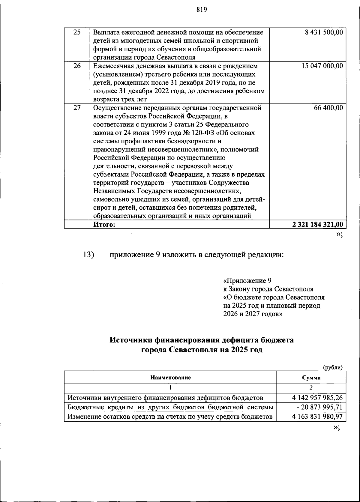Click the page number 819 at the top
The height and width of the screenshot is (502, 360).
point(202,10)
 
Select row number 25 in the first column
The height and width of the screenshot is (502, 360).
point(77,32)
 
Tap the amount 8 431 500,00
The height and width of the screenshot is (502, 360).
point(324,32)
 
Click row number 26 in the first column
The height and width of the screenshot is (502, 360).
point(77,66)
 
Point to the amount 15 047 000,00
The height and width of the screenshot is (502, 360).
point(322,66)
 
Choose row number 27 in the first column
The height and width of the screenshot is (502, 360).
point(77,108)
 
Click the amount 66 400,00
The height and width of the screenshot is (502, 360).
point(328,108)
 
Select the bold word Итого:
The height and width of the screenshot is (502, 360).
point(104,224)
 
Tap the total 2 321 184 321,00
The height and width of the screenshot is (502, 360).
point(317,224)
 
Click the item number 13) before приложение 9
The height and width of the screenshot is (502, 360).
point(89,255)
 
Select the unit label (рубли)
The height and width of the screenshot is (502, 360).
point(332,367)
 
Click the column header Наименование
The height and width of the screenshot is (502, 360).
point(170,378)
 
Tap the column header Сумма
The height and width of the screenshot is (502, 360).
point(311,378)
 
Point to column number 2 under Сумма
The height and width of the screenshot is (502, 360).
point(311,387)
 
